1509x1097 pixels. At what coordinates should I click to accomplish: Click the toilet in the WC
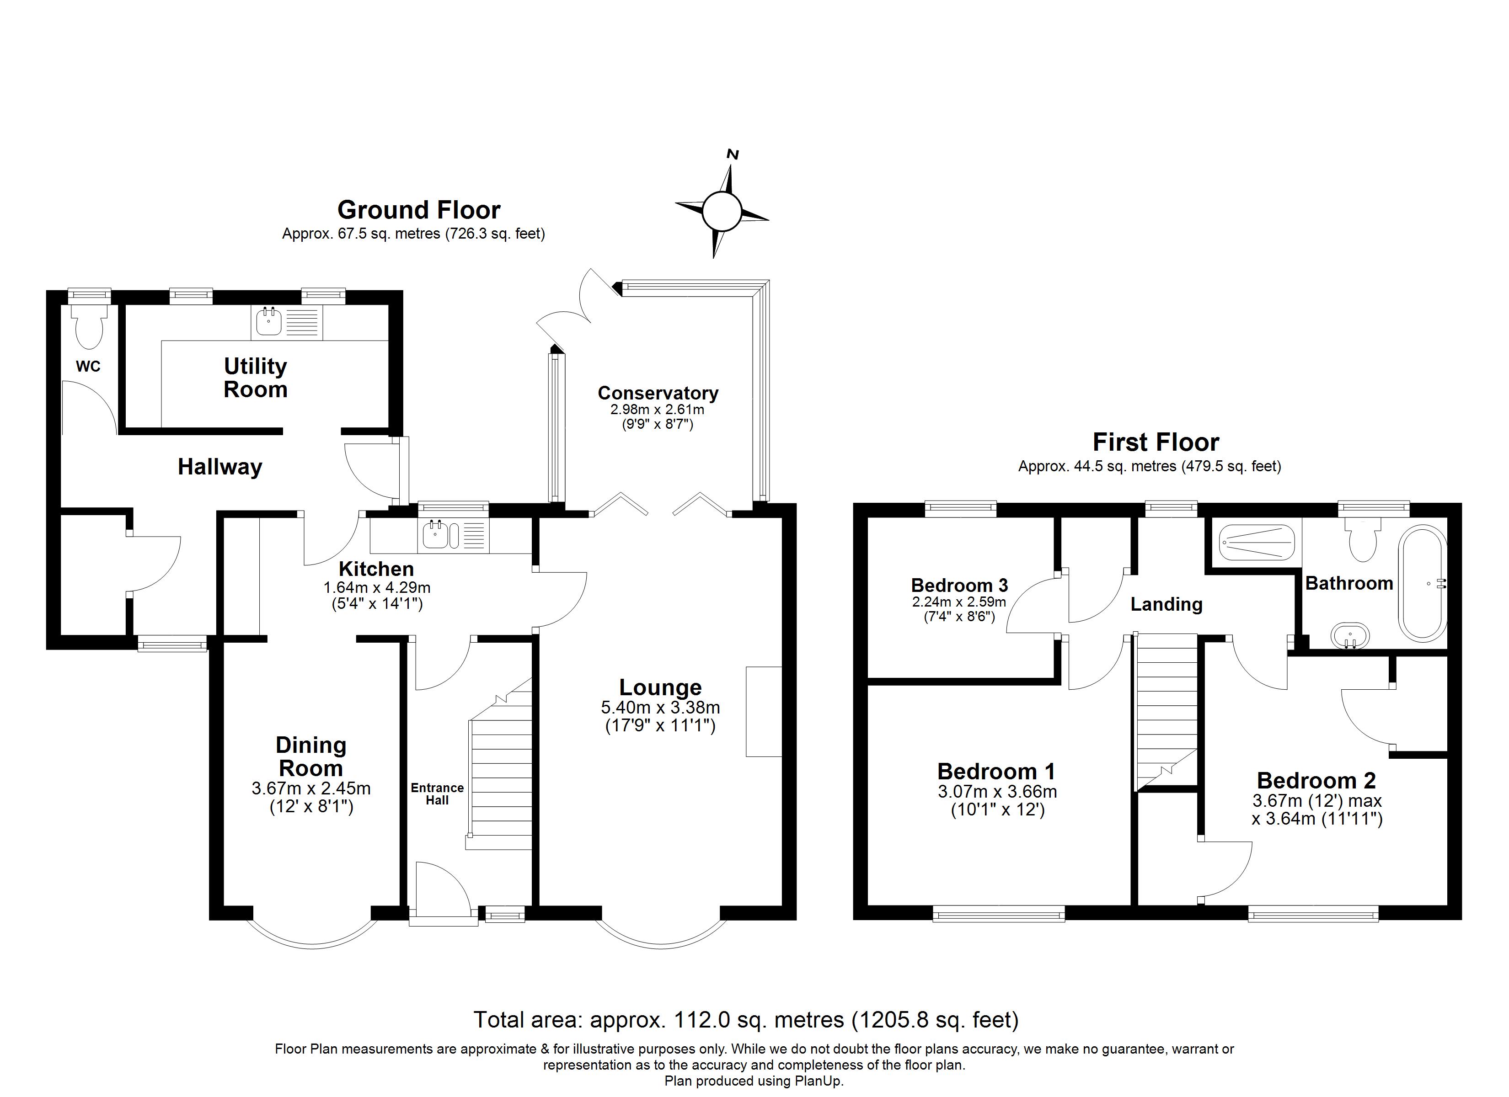[90, 326]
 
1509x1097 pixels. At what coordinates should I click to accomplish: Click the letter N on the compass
[733, 154]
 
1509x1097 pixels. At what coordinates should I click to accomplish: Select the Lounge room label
[660, 687]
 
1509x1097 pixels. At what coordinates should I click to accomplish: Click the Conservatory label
[658, 393]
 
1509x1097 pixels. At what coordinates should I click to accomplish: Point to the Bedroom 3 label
[959, 586]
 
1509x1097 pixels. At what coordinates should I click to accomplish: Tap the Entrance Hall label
[437, 793]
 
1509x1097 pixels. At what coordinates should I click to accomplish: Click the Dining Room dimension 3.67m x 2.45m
[310, 789]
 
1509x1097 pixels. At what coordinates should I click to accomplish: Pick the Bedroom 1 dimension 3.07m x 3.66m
[997, 792]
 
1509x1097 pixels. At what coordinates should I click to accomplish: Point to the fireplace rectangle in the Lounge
[763, 711]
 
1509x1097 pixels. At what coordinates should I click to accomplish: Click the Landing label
[1167, 604]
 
